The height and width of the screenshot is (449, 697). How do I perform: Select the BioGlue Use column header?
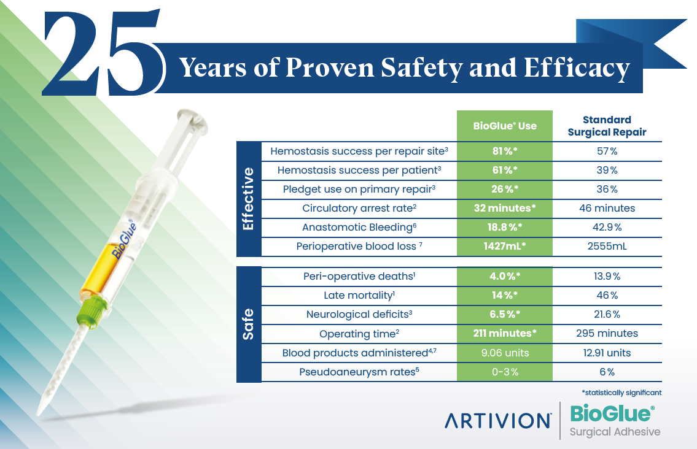click(505, 126)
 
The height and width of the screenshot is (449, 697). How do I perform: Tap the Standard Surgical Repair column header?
click(607, 126)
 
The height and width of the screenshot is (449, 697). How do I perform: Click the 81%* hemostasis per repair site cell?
click(505, 151)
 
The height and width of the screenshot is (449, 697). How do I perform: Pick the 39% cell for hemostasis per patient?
click(607, 170)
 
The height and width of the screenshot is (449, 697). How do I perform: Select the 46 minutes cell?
click(607, 209)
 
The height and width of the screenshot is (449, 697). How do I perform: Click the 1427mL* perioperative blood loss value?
click(505, 247)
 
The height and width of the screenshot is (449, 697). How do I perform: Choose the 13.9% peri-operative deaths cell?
click(607, 277)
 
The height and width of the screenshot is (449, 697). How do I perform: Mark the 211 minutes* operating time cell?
click(505, 334)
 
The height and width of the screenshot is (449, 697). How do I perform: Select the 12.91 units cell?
click(607, 353)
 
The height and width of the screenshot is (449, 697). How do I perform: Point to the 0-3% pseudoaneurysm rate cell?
click(505, 372)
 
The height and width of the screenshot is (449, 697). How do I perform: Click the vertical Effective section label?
click(249, 199)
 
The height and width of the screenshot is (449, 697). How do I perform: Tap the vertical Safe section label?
click(249, 324)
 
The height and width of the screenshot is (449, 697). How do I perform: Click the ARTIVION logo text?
click(497, 421)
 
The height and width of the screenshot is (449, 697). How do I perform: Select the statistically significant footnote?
click(621, 392)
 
